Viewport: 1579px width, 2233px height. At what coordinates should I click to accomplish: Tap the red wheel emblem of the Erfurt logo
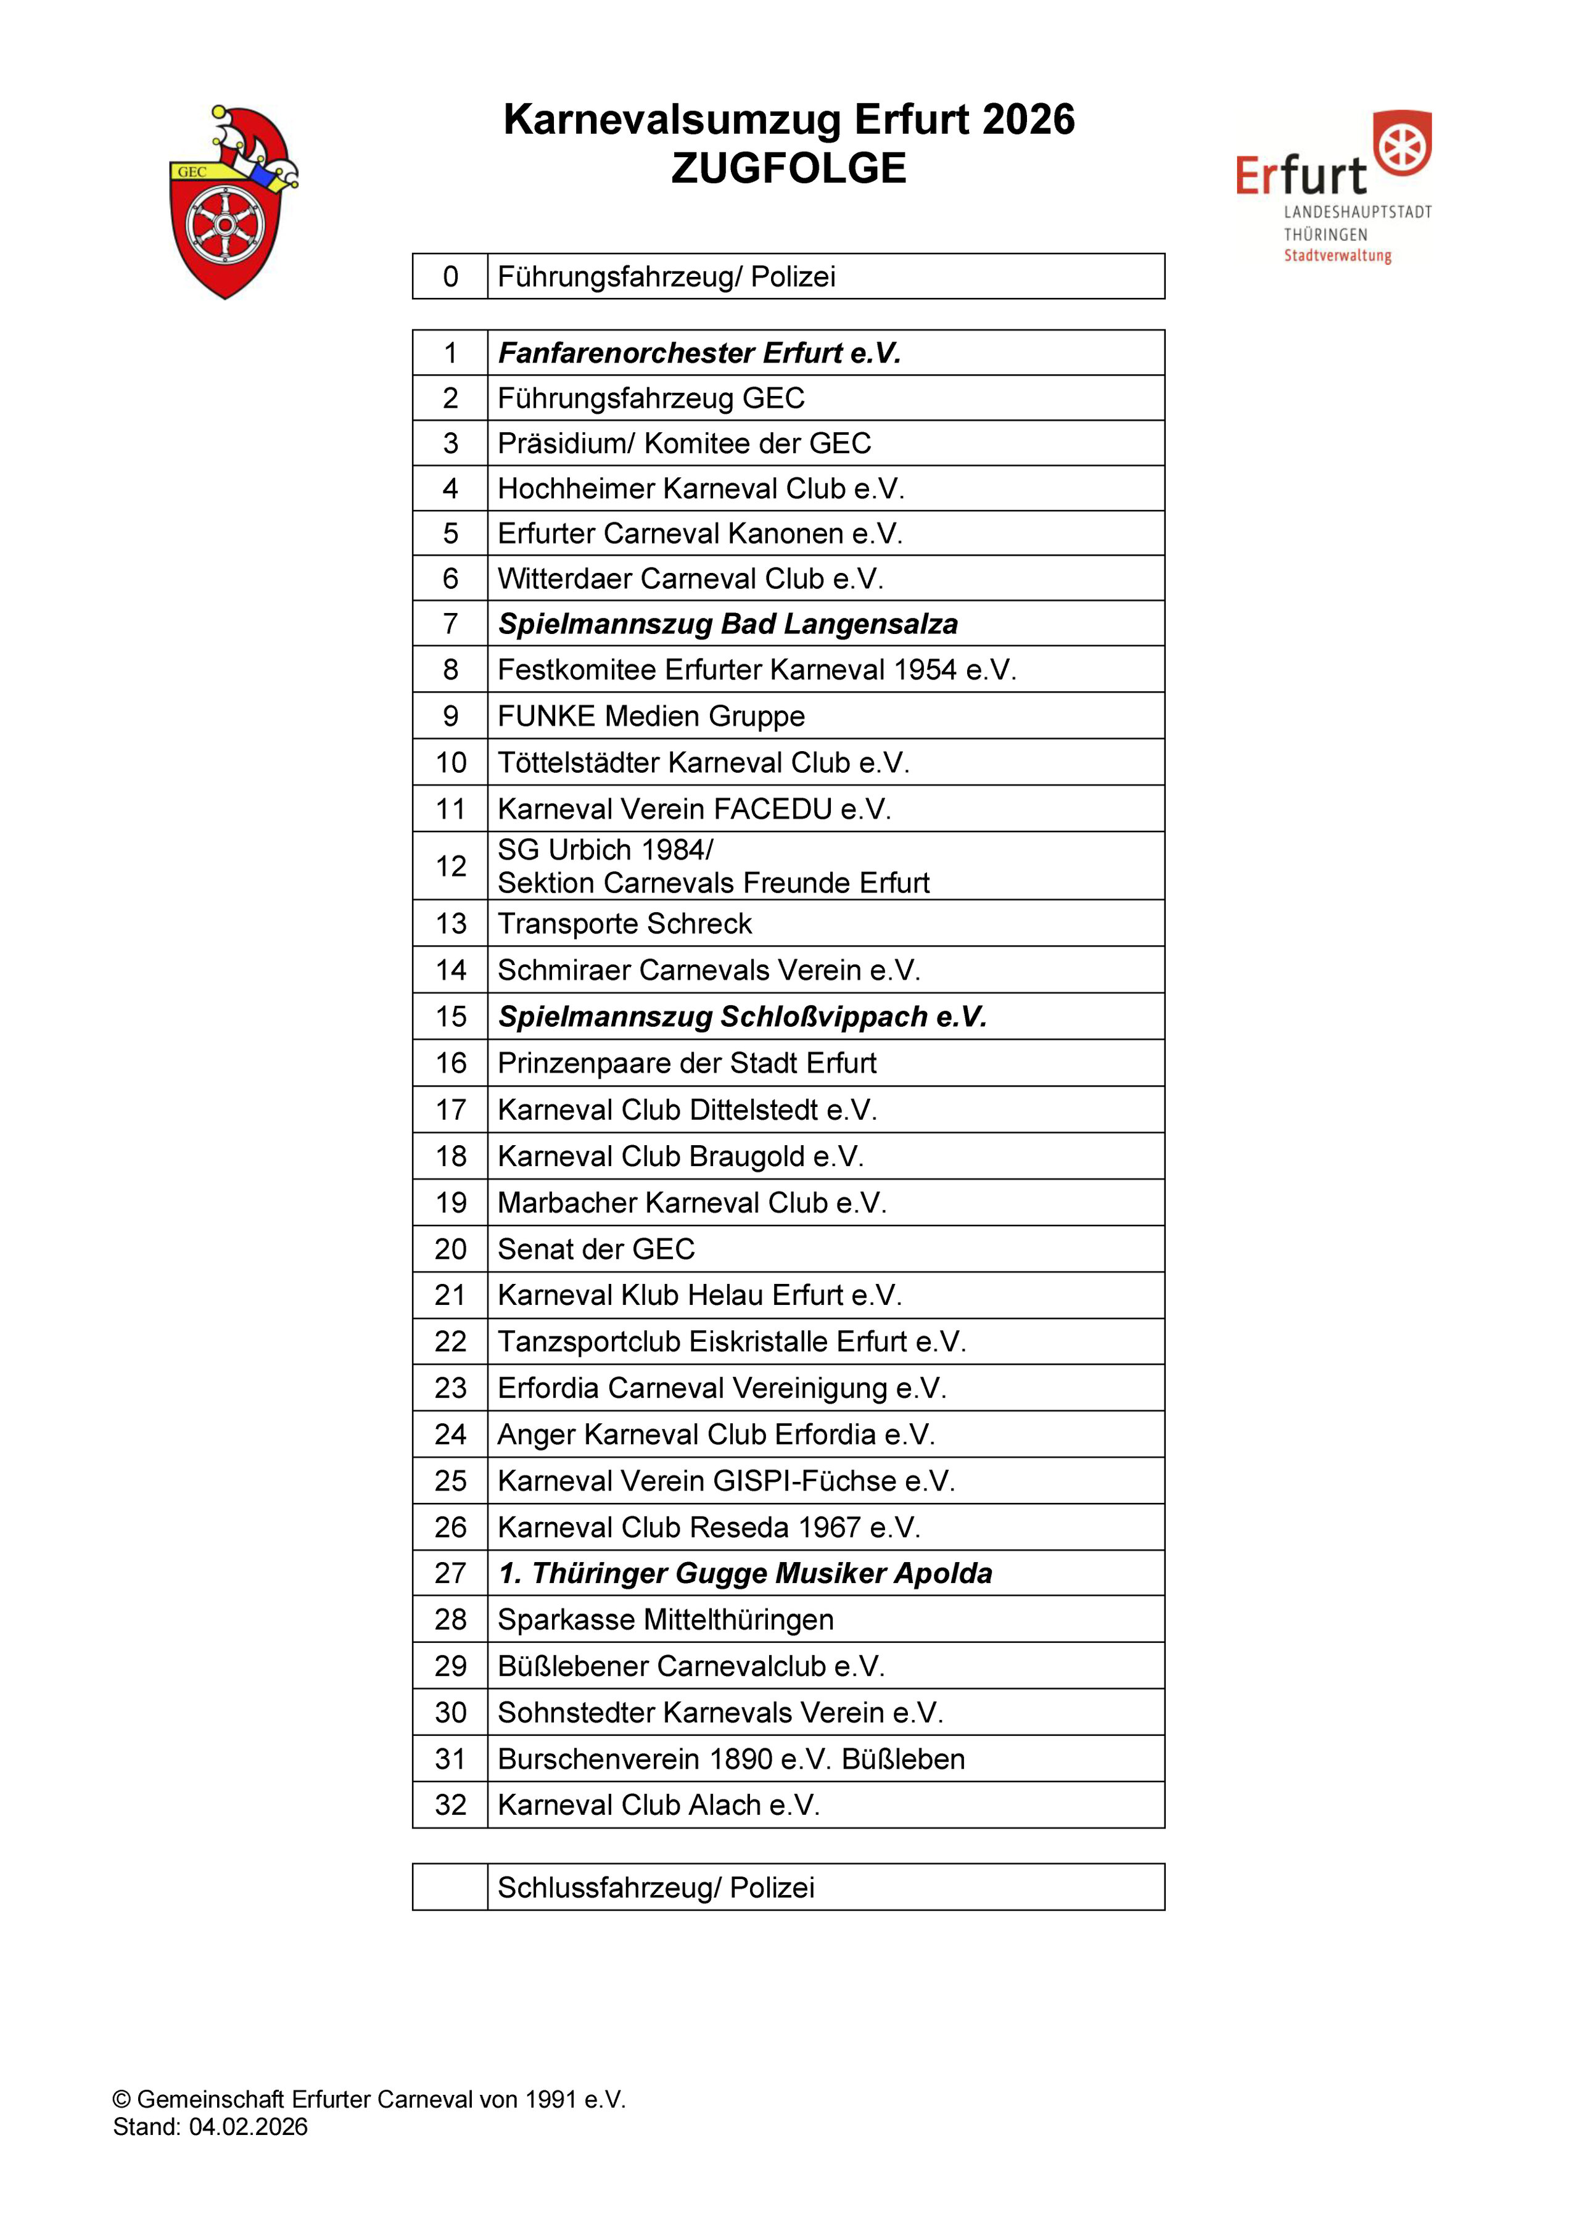(x=1402, y=143)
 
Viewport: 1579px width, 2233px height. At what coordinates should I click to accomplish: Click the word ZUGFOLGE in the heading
(x=788, y=168)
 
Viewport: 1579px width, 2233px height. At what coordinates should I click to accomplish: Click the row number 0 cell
(x=450, y=277)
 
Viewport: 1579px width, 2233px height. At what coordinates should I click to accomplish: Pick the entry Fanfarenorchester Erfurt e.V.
(x=699, y=353)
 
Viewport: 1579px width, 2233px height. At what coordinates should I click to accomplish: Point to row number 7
(x=450, y=623)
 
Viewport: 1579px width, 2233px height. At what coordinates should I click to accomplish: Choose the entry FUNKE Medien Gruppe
(x=651, y=716)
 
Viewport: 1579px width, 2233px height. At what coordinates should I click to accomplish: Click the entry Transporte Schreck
(x=625, y=923)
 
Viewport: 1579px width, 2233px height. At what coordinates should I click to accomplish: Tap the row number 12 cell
(x=450, y=866)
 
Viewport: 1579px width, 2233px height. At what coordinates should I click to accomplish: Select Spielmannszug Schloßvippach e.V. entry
(x=742, y=1016)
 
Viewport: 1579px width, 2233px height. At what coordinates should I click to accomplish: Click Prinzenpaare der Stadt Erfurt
(x=687, y=1063)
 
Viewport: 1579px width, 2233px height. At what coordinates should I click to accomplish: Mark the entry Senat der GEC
(x=596, y=1249)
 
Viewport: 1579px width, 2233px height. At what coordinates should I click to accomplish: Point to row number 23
(x=450, y=1388)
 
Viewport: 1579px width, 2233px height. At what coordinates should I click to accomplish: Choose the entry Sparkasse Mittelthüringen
(x=666, y=1619)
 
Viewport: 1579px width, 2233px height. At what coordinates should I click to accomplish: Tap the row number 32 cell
(x=450, y=1805)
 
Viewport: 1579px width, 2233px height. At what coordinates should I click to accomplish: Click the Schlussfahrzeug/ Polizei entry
(x=656, y=1888)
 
